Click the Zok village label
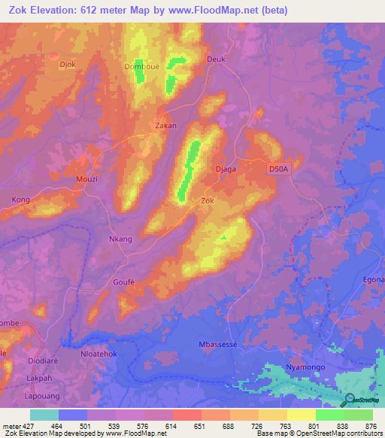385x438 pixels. (208, 201)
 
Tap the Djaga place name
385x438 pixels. (226, 169)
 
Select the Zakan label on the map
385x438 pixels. (165, 126)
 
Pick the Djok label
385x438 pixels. (68, 65)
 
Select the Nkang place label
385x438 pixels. (121, 239)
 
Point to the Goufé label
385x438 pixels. (123, 281)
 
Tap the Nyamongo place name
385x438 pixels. (308, 367)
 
